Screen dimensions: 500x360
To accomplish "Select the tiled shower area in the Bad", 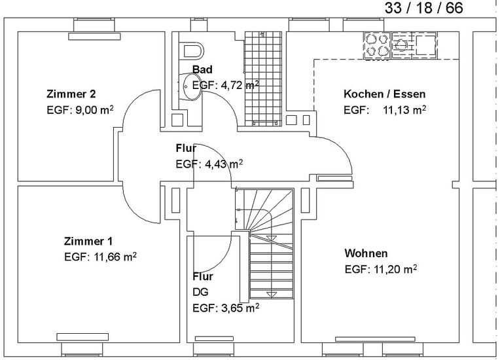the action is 263,79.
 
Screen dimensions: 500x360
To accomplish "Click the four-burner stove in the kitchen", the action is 377,45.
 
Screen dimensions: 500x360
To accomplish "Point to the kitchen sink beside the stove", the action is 414,45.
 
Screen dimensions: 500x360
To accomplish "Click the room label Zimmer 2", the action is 71,94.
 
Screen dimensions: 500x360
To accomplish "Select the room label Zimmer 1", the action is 88,241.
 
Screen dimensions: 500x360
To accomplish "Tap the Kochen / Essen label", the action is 385,94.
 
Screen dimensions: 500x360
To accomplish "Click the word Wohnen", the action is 366,253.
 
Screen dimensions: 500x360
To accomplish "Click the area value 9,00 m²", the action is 94,110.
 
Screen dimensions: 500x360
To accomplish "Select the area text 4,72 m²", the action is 240,85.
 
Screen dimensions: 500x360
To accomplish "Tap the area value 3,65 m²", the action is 240,308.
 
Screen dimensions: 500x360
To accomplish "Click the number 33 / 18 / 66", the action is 424,8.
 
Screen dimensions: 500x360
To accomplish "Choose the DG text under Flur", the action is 200,292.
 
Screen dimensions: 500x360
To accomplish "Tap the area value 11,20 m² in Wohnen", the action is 395,270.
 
